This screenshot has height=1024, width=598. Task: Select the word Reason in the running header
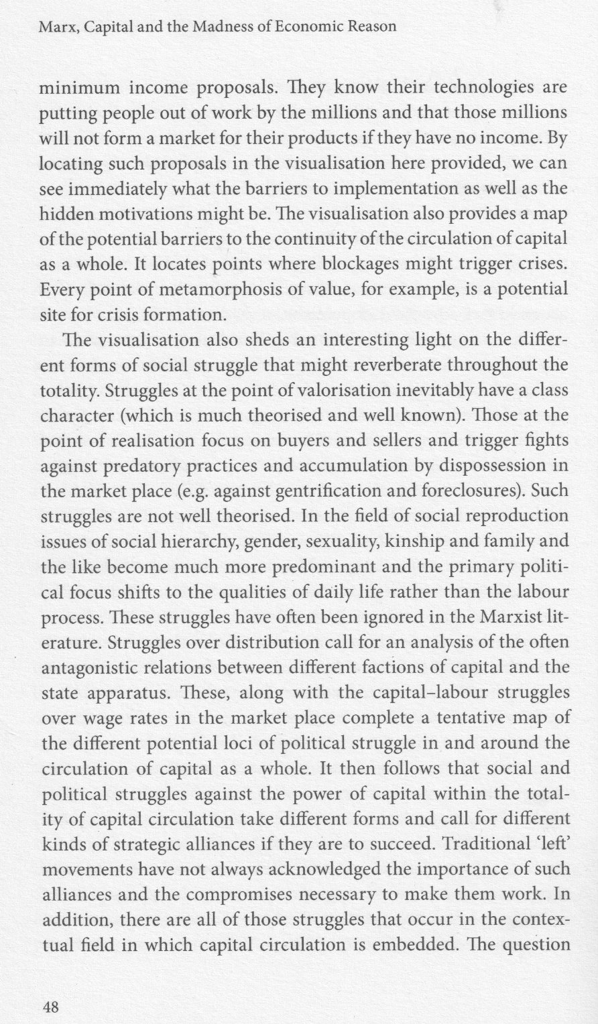click(x=369, y=27)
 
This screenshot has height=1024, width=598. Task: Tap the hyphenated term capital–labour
click(x=433, y=692)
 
